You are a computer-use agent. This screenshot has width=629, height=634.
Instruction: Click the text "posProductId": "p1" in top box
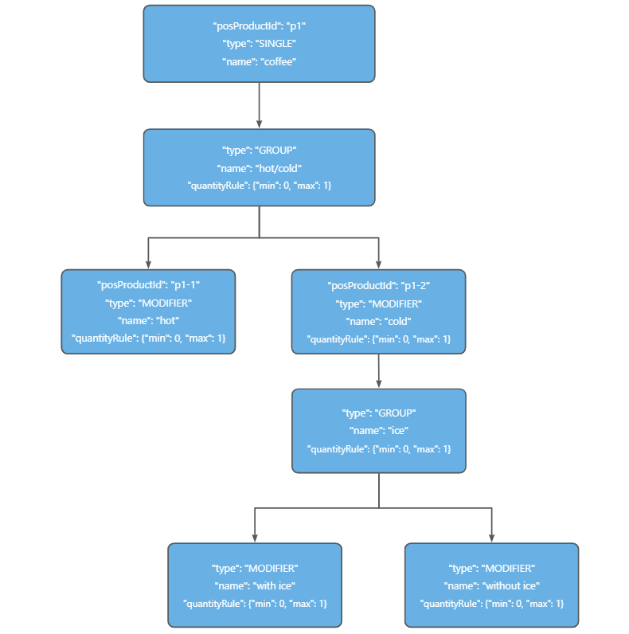pyautogui.click(x=259, y=26)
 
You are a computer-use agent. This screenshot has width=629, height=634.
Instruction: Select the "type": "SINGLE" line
pyautogui.click(x=259, y=44)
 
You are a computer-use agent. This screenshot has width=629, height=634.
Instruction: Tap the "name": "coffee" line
pyautogui.click(x=259, y=61)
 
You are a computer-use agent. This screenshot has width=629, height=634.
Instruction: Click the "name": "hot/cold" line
pyautogui.click(x=259, y=168)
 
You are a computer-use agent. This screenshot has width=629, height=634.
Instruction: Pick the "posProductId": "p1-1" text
pyautogui.click(x=148, y=285)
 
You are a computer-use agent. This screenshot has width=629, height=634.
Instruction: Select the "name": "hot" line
pyautogui.click(x=148, y=320)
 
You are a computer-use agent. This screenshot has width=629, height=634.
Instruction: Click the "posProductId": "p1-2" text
pyautogui.click(x=378, y=285)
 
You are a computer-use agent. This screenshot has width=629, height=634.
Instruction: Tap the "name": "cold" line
pyautogui.click(x=378, y=321)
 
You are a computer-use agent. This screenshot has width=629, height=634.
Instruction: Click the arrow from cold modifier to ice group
pyautogui.click(x=378, y=370)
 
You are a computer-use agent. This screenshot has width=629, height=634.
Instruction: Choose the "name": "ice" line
pyautogui.click(x=378, y=431)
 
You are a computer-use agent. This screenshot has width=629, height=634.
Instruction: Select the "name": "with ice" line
pyautogui.click(x=255, y=585)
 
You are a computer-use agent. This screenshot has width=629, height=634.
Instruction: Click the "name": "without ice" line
pyautogui.click(x=491, y=585)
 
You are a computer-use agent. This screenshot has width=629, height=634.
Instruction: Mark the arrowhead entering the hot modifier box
pyautogui.click(x=148, y=264)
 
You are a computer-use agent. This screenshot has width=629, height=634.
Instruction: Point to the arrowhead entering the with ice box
pyautogui.click(x=255, y=538)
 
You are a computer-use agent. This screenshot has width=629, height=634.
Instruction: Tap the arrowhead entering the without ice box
pyautogui.click(x=491, y=538)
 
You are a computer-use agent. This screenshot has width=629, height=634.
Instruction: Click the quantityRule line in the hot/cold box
pyautogui.click(x=259, y=186)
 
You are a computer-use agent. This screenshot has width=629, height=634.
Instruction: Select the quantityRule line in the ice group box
pyautogui.click(x=378, y=449)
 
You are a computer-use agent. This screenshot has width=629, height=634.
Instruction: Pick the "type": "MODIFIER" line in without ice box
pyautogui.click(x=491, y=568)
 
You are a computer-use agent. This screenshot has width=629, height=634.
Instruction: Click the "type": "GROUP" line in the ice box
pyautogui.click(x=378, y=413)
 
